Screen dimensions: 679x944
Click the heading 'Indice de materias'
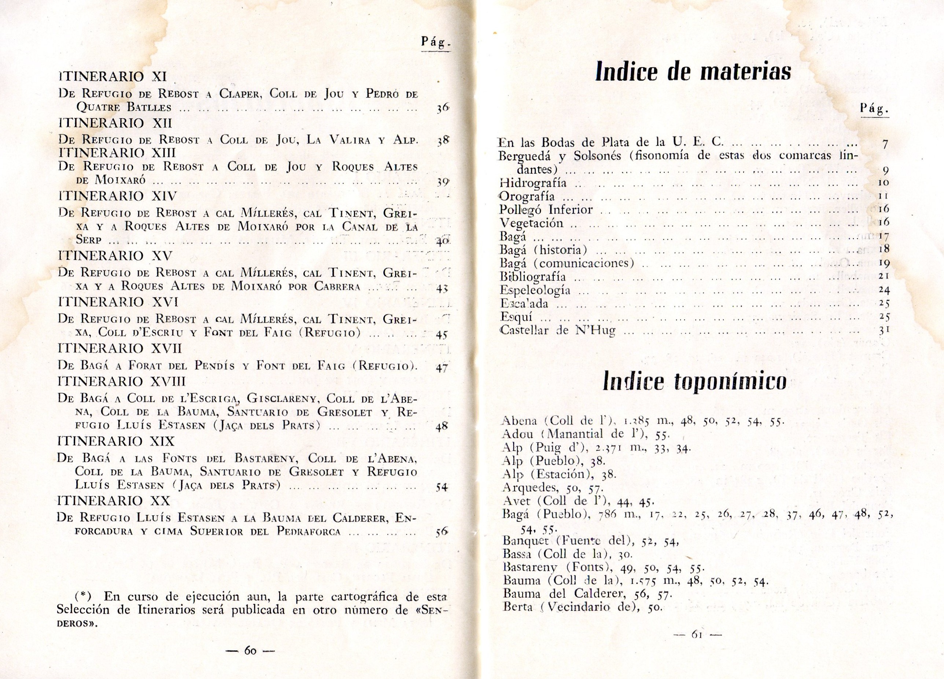pyautogui.click(x=693, y=71)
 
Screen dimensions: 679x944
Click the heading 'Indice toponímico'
pyautogui.click(x=694, y=381)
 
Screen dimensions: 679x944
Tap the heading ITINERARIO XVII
pyautogui.click(x=119, y=348)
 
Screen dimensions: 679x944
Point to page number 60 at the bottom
pyautogui.click(x=250, y=651)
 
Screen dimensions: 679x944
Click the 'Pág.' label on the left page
pyautogui.click(x=436, y=43)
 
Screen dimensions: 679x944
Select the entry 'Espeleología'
pyautogui.click(x=535, y=290)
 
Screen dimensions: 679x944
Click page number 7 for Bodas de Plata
pyautogui.click(x=885, y=144)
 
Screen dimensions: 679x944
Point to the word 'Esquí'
pyautogui.click(x=516, y=317)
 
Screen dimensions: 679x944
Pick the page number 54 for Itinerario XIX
pyautogui.click(x=441, y=487)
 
